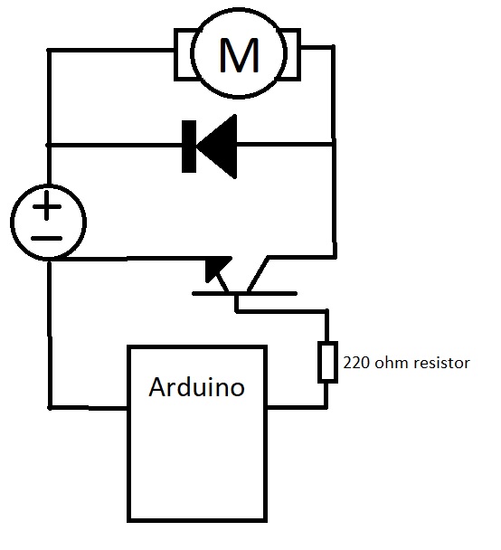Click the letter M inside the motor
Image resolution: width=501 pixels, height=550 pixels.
pyautogui.click(x=239, y=55)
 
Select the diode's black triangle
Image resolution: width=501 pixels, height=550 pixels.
pyautogui.click(x=216, y=143)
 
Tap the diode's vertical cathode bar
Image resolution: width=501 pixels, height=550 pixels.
pyautogui.click(x=188, y=143)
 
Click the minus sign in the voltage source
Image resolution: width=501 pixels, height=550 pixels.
pyautogui.click(x=50, y=238)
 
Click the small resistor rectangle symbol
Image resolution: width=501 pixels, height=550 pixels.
pyautogui.click(x=326, y=362)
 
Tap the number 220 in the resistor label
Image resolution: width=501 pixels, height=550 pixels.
pyautogui.click(x=355, y=364)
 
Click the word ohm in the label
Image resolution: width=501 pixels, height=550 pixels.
pyautogui.click(x=387, y=364)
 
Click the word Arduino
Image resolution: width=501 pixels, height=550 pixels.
pyautogui.click(x=197, y=387)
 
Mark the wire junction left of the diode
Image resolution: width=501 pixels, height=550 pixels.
pyautogui.click(x=49, y=144)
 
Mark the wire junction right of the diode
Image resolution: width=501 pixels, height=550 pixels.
pyautogui.click(x=334, y=143)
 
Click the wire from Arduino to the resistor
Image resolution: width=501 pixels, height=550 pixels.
pyautogui.click(x=297, y=406)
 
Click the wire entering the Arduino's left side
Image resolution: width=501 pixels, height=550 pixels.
pyautogui.click(x=89, y=406)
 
